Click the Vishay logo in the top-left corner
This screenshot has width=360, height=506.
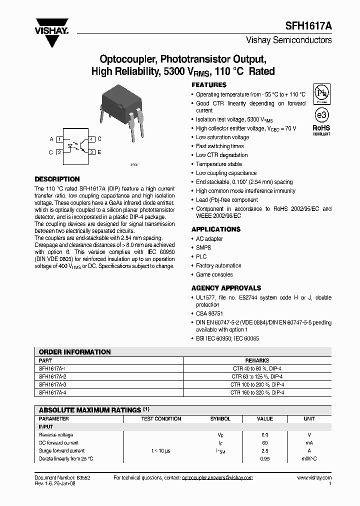[x=51, y=24]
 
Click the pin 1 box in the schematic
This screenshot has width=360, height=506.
[x=59, y=139]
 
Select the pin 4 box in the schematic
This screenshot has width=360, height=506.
[x=92, y=139]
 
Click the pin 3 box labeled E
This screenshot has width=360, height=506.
[x=92, y=152]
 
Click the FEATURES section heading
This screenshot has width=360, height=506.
[x=209, y=85]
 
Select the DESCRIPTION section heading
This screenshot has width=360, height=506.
[x=57, y=179]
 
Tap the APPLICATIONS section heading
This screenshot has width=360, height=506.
[x=216, y=229]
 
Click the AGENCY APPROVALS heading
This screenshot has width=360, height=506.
[x=226, y=288]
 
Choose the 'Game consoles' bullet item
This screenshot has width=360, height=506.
[x=214, y=274]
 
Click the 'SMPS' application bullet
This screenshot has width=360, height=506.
[x=203, y=247]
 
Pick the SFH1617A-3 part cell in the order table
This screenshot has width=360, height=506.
[x=52, y=384]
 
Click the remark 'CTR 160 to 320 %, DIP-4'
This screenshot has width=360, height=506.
[x=257, y=393]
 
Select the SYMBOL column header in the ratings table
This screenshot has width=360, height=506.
[x=220, y=418]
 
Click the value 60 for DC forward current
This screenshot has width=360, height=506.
[x=265, y=442]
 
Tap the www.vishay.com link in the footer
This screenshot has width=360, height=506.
[x=313, y=478]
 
